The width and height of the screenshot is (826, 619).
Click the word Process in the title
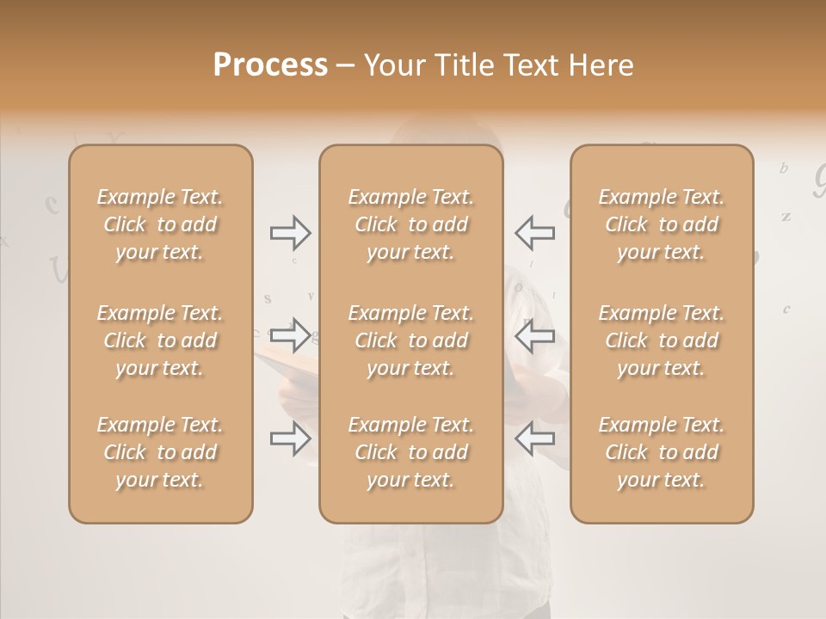click(x=270, y=65)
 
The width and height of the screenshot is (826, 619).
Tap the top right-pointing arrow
click(x=291, y=232)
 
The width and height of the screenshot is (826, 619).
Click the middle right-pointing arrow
click(x=291, y=334)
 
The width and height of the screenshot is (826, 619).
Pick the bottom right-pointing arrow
click(x=291, y=439)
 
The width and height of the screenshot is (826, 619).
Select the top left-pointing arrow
click(x=534, y=232)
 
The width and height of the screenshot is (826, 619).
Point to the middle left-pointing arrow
click(x=534, y=335)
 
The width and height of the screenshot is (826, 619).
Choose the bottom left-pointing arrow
click(x=534, y=438)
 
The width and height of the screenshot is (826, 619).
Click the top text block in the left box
click(x=160, y=224)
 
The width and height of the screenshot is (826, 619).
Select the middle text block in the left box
click(x=160, y=340)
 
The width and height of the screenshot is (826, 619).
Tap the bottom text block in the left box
click(x=160, y=452)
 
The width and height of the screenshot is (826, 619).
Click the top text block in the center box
click(x=411, y=224)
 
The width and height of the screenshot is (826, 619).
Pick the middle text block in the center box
click(x=411, y=340)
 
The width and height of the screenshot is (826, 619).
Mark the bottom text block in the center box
click(x=411, y=452)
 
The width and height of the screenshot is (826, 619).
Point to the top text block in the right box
click(x=662, y=224)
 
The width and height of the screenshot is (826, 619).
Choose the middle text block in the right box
click(x=662, y=340)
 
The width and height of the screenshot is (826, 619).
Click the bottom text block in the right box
click(x=662, y=452)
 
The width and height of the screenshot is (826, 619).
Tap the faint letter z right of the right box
click(x=786, y=217)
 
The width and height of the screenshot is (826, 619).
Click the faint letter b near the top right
click(x=783, y=169)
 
